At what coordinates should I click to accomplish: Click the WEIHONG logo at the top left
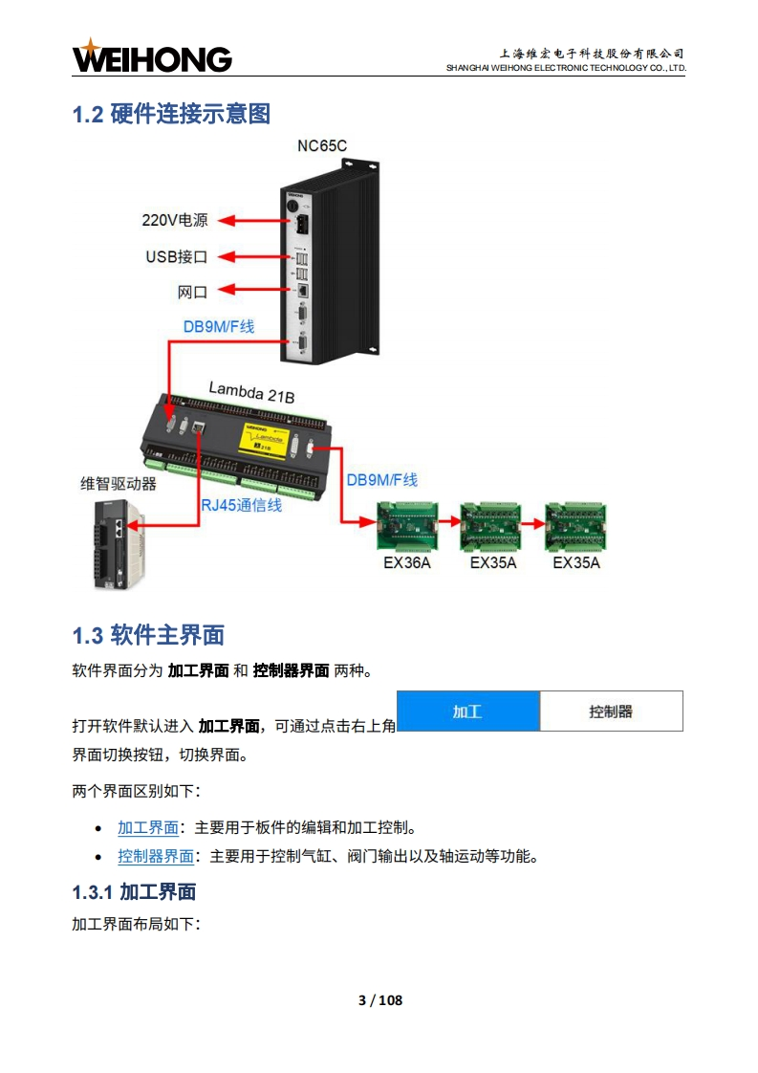tap(152, 56)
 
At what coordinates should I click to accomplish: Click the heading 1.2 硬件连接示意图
tap(172, 114)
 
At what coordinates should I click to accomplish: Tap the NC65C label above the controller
tap(321, 145)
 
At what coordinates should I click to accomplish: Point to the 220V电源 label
tap(175, 220)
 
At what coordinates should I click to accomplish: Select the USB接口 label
tap(177, 256)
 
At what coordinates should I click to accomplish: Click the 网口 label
tap(192, 293)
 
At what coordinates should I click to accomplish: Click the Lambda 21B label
tap(251, 392)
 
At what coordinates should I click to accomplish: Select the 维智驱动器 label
tap(119, 484)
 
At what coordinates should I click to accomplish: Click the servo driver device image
tap(119, 544)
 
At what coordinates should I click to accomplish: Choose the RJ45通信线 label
tap(242, 505)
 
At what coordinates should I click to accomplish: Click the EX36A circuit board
tap(408, 526)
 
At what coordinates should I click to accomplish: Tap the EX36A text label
tap(407, 562)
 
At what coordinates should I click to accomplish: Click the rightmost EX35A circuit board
tap(575, 526)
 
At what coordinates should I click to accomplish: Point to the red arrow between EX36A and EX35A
tap(449, 522)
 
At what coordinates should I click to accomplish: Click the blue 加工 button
tap(468, 711)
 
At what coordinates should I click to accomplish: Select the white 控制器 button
tap(611, 711)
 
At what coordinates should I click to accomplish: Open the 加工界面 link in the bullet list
tap(148, 827)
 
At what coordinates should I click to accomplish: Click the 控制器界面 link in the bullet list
tap(156, 856)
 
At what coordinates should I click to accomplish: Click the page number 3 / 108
tap(380, 999)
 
